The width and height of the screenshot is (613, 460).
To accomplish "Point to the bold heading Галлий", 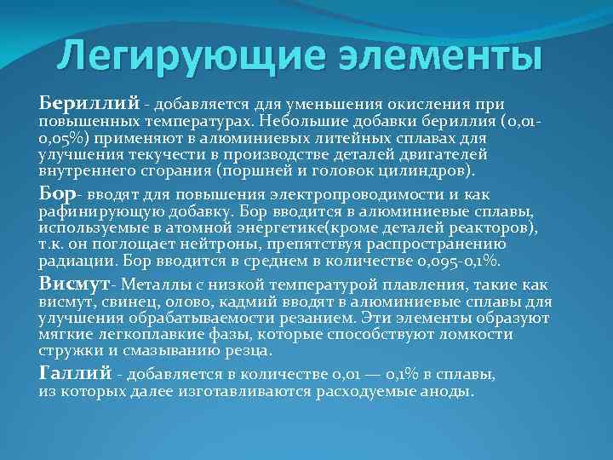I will [x=75, y=372].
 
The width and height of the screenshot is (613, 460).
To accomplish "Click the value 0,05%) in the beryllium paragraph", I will [x=63, y=138].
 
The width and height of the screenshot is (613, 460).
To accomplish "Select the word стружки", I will [x=68, y=350].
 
